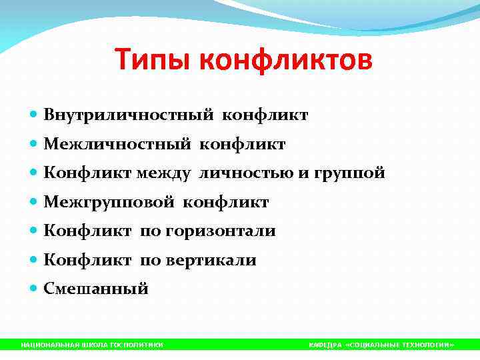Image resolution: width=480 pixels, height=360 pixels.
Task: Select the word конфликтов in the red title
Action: click(287, 61)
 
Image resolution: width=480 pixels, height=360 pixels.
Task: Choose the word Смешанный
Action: click(96, 289)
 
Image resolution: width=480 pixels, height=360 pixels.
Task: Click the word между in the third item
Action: click(163, 173)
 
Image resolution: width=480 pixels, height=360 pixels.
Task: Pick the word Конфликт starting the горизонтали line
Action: click(89, 231)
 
